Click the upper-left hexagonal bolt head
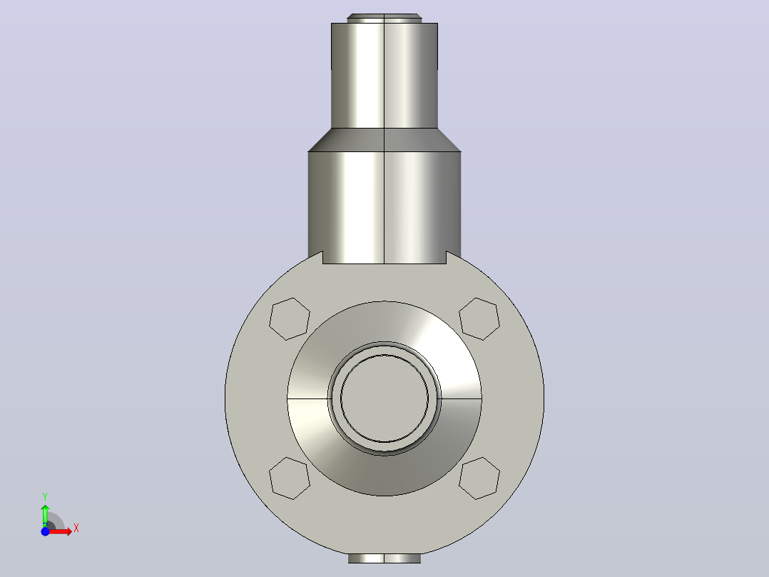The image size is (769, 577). (x=290, y=318)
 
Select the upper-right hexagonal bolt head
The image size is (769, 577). (x=479, y=318)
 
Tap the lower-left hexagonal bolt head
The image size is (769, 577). (x=290, y=478)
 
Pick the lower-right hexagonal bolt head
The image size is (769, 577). (x=479, y=478)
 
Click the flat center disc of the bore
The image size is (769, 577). (x=385, y=398)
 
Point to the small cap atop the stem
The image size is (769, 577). (x=385, y=18)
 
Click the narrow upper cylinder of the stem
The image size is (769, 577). (x=385, y=76)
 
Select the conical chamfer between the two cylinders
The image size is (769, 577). (x=385, y=140)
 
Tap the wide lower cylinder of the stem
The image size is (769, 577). (x=385, y=207)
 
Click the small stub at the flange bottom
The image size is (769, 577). (x=385, y=558)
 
